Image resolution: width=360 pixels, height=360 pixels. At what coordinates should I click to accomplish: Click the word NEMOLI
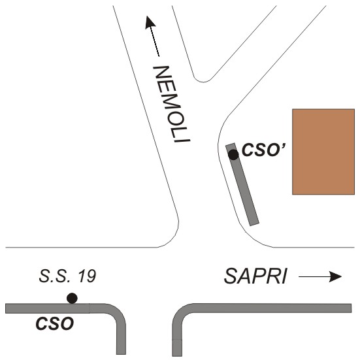(x=172, y=104)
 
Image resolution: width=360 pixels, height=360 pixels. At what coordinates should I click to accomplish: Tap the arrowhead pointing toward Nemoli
(x=150, y=22)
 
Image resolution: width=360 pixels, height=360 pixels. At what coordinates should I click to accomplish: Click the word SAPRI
(x=255, y=276)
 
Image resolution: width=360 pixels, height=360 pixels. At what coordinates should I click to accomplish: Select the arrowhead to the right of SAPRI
(x=336, y=276)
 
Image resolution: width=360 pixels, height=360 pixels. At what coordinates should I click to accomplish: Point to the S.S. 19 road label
(x=67, y=276)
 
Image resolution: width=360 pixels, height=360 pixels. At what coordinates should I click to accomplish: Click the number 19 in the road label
(x=87, y=276)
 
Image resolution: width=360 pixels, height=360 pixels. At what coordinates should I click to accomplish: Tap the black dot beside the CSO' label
(x=233, y=155)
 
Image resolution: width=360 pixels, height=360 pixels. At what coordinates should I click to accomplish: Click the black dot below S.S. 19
(x=72, y=298)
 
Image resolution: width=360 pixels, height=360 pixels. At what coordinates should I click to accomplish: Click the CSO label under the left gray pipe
(x=55, y=323)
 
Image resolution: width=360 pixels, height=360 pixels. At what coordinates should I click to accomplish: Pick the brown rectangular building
(x=323, y=152)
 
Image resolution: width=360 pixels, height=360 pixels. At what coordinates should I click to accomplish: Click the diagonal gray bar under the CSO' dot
(x=242, y=184)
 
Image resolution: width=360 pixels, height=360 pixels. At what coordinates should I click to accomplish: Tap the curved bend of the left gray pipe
(x=116, y=314)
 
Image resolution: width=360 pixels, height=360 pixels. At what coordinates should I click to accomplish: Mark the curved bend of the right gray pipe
(x=182, y=314)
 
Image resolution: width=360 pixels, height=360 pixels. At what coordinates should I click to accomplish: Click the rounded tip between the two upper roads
(x=203, y=82)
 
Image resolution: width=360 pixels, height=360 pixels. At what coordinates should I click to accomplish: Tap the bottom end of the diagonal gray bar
(x=254, y=224)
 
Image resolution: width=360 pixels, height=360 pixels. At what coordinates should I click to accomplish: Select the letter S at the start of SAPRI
(x=230, y=276)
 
